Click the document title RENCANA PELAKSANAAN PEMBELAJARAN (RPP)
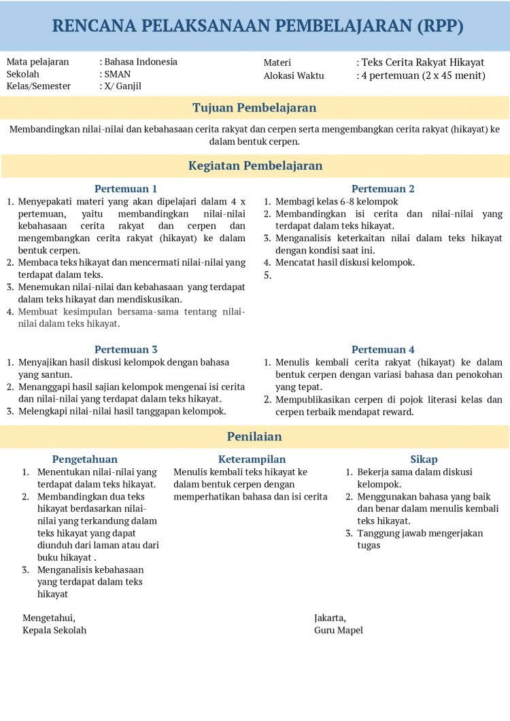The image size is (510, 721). tap(258, 26)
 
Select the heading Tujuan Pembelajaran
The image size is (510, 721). tap(254, 107)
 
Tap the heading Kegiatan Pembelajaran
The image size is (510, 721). tap(255, 166)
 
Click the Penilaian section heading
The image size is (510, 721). tap(254, 436)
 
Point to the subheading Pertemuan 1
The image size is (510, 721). tap(126, 189)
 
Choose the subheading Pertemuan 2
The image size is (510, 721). tap(383, 189)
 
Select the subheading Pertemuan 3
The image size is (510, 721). tap(126, 349)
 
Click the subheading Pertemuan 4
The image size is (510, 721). tap(383, 349)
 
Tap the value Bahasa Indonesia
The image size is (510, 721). tap(141, 62)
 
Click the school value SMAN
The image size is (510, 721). tap(118, 74)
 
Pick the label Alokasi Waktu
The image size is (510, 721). tap(294, 75)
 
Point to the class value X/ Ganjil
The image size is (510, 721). tap(122, 86)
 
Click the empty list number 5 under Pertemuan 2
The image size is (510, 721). tap(267, 275)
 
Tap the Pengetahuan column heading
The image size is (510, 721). tap(85, 459)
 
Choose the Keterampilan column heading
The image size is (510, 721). tap(252, 459)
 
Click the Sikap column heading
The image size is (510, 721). tap(424, 459)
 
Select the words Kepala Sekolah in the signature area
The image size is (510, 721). tap(54, 630)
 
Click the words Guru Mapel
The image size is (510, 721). tap(339, 630)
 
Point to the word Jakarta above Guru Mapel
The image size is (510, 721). tap(329, 618)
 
